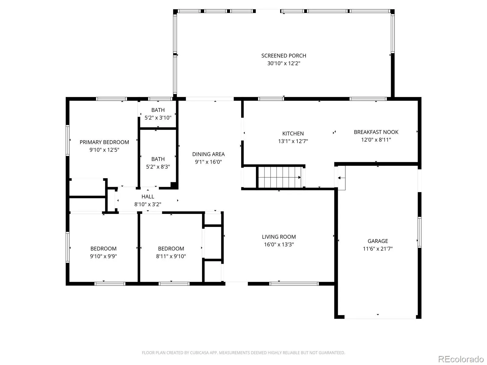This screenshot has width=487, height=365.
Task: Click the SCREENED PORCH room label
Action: coord(284,56)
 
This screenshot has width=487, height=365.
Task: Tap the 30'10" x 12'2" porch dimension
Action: coord(284,63)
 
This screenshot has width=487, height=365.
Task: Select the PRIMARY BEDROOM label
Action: coord(104,142)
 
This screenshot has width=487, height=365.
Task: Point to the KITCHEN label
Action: coord(293,134)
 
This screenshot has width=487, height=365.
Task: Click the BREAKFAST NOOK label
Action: coord(376,132)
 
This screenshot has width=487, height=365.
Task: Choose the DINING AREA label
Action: coord(208,154)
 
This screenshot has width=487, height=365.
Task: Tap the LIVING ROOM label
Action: coord(279,237)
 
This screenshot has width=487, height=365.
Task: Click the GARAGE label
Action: coord(378,241)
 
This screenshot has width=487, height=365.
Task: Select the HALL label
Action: coord(148,196)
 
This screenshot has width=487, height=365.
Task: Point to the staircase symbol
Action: coord(280,177)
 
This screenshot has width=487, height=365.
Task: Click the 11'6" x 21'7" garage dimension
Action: coord(378,249)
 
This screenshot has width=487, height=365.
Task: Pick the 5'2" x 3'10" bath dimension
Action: coord(158,118)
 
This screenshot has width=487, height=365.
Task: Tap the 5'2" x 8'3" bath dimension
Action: coord(158,167)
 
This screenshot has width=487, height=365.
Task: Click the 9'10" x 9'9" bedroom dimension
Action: coord(103,256)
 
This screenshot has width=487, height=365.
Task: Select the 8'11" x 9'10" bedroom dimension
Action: coord(171,256)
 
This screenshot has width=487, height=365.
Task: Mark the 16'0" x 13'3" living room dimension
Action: coord(279,245)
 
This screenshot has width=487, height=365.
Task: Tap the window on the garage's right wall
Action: coord(419,232)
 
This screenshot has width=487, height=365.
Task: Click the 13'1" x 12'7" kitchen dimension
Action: coord(293,141)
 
